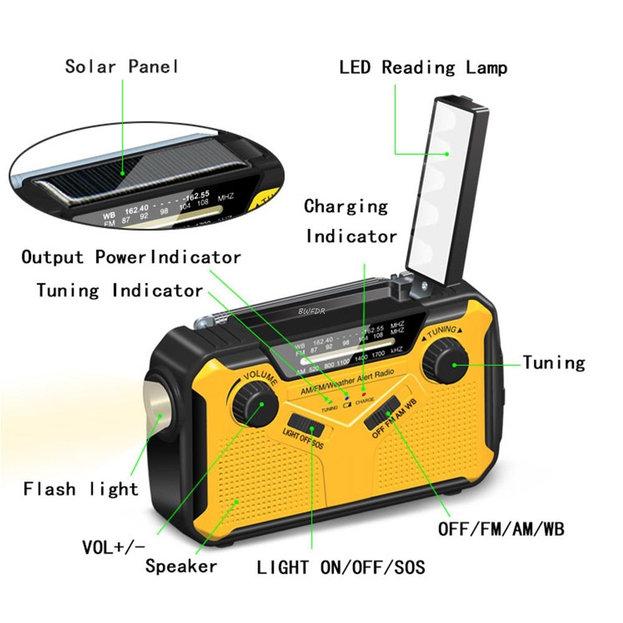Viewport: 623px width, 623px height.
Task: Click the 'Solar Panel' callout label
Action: [122, 66]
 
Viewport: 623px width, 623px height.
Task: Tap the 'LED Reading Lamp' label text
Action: [423, 67]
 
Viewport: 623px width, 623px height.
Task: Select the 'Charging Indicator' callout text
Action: [350, 221]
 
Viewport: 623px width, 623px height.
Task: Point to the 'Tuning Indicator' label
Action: [120, 290]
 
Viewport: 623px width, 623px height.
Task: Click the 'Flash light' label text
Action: [81, 489]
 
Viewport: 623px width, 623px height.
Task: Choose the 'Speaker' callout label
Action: [181, 566]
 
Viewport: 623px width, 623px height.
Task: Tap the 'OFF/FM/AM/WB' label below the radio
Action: [501, 530]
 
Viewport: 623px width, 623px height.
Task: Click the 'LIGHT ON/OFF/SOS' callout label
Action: [341, 567]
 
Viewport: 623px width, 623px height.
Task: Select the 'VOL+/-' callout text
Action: [113, 547]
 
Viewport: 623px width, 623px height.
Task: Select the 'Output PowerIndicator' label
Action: [131, 257]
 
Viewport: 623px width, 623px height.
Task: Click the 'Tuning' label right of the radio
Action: [554, 363]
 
